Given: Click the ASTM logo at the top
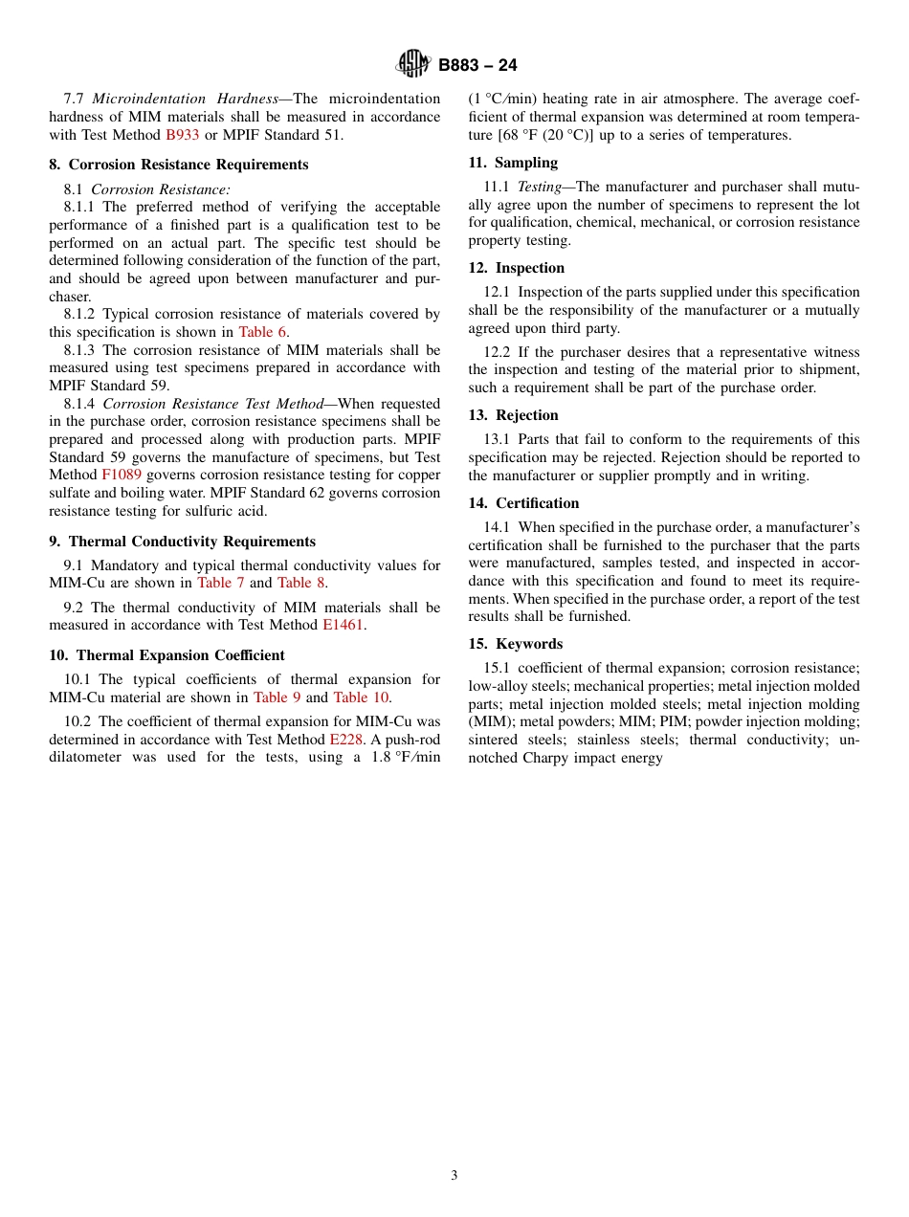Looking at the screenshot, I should click(x=413, y=64).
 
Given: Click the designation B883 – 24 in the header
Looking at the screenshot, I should click(x=477, y=65).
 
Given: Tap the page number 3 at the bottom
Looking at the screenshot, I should click(x=454, y=1175).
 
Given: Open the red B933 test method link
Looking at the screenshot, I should click(x=183, y=135).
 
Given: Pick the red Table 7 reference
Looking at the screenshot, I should click(x=221, y=583).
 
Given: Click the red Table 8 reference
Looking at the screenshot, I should click(x=301, y=583).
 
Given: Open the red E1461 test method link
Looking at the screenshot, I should click(x=344, y=625).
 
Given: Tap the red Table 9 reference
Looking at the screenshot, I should click(x=277, y=697).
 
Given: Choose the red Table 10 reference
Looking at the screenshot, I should click(x=361, y=697).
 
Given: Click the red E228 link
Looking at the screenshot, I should click(x=345, y=740).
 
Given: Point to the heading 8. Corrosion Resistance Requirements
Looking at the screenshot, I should click(x=179, y=165).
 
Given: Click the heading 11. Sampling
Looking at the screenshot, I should click(x=513, y=163).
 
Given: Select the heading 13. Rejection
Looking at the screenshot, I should click(x=513, y=415).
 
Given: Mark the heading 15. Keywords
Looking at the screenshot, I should click(x=515, y=644).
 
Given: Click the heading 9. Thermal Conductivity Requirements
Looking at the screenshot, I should click(x=182, y=542).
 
